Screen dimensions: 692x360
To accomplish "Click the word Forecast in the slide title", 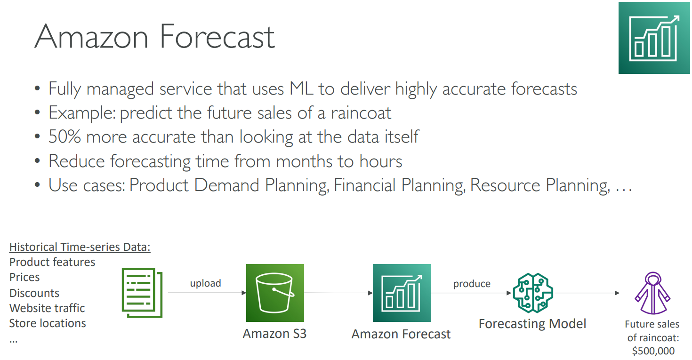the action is click(217, 37).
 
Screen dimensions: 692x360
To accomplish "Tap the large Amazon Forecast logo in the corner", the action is click(654, 38).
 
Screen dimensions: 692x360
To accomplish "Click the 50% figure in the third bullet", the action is click(64, 136).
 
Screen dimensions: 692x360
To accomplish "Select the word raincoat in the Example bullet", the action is click(361, 112).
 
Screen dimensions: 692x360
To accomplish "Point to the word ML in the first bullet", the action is click(301, 89).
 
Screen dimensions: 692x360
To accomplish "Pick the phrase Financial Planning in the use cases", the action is click(399, 185).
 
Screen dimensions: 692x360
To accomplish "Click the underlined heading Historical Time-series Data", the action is click(80, 247).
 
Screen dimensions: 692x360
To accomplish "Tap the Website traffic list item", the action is click(47, 308).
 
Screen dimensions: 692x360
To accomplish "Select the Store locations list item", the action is click(48, 323).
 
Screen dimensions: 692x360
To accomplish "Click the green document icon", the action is click(142, 293).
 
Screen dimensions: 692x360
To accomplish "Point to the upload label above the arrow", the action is click(205, 283).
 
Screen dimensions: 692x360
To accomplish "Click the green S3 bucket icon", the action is click(275, 293).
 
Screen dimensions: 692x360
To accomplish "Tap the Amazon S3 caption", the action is click(274, 334).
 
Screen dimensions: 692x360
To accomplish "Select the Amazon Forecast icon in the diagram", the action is click(402, 293).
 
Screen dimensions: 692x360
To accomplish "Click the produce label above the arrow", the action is click(472, 284).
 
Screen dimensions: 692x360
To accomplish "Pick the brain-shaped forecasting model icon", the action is click(533, 293).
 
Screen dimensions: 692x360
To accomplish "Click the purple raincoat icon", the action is click(652, 293).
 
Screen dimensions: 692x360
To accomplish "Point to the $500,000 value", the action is click(653, 351).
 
